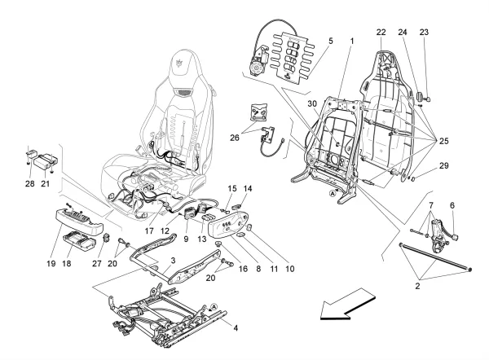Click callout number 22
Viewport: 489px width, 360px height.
point(381,33)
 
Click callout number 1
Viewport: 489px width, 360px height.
point(352,40)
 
